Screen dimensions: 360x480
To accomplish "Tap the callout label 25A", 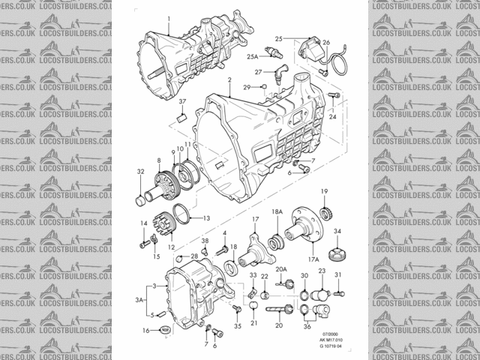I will coord(253,56).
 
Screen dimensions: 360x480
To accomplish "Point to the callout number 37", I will coord(181,101).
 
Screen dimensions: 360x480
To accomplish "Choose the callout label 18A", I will coord(277,212).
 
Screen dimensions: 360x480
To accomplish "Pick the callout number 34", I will coord(337,231).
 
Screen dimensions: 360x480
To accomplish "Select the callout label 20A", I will coord(281,268).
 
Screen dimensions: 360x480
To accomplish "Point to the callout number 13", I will coord(207,218).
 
